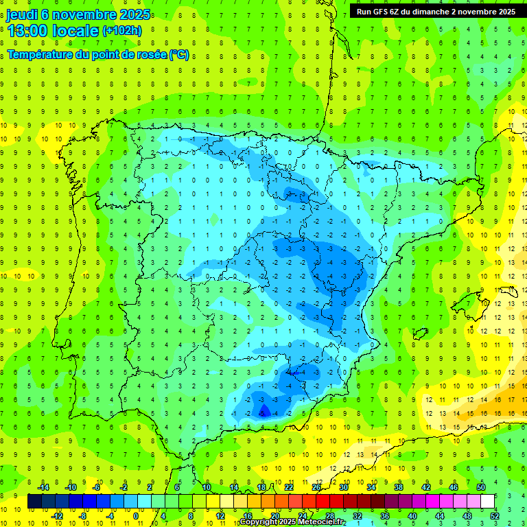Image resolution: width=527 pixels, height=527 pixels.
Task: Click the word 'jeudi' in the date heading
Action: [21, 14]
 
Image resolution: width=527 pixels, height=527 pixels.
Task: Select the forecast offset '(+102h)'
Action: [122, 30]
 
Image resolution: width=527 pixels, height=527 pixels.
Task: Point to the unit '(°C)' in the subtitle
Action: [179, 55]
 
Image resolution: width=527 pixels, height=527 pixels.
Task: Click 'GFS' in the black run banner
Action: [386, 12]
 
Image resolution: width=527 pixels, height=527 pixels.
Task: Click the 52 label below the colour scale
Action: [495, 515]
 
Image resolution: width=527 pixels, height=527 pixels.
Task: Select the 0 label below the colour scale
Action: [135, 515]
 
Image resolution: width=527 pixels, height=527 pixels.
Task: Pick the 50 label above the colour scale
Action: [481, 487]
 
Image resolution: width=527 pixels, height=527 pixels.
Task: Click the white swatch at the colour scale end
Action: [488, 502]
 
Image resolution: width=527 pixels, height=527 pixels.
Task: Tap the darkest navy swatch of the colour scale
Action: [34, 502]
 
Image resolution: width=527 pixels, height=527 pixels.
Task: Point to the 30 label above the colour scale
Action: [343, 487]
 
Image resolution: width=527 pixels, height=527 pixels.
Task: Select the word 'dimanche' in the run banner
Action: [428, 12]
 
